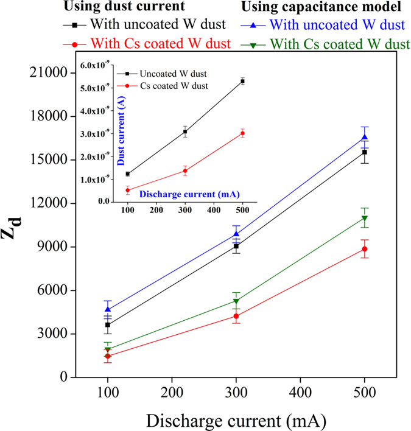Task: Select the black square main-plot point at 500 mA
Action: point(365,152)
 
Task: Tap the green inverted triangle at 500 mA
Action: point(365,219)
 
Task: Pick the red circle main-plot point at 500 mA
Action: point(365,249)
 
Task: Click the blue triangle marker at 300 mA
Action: point(236,234)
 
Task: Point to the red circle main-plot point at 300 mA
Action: point(236,316)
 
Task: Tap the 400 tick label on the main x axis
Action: point(300,390)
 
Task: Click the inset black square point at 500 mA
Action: point(242,81)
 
